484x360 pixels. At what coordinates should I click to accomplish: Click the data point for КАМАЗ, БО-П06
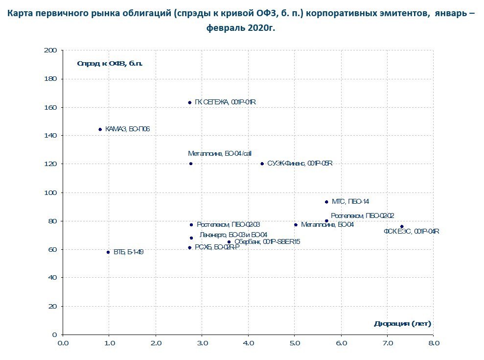100,129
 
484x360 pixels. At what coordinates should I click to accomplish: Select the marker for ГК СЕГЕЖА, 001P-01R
190,102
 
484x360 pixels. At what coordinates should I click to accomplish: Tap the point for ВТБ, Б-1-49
108,252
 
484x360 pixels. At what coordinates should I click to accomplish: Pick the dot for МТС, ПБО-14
326,202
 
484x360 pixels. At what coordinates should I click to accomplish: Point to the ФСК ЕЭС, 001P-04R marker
402,227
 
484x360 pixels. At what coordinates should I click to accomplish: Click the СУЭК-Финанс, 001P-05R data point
262,164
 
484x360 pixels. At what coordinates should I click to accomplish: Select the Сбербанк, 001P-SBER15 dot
229,241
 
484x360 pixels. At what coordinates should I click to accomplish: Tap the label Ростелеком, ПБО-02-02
362,216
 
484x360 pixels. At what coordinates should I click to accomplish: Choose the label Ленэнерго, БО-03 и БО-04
233,236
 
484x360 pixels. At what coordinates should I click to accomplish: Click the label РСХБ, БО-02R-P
217,248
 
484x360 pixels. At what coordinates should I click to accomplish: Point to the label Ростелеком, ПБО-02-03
228,225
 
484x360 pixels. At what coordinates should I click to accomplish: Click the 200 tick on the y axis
50,50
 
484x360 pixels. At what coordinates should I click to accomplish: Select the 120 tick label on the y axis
50,164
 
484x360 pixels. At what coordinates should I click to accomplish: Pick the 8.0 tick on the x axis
434,343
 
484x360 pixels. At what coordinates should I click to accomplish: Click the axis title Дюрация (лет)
402,324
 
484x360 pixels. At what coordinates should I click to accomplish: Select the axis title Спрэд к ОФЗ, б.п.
110,63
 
